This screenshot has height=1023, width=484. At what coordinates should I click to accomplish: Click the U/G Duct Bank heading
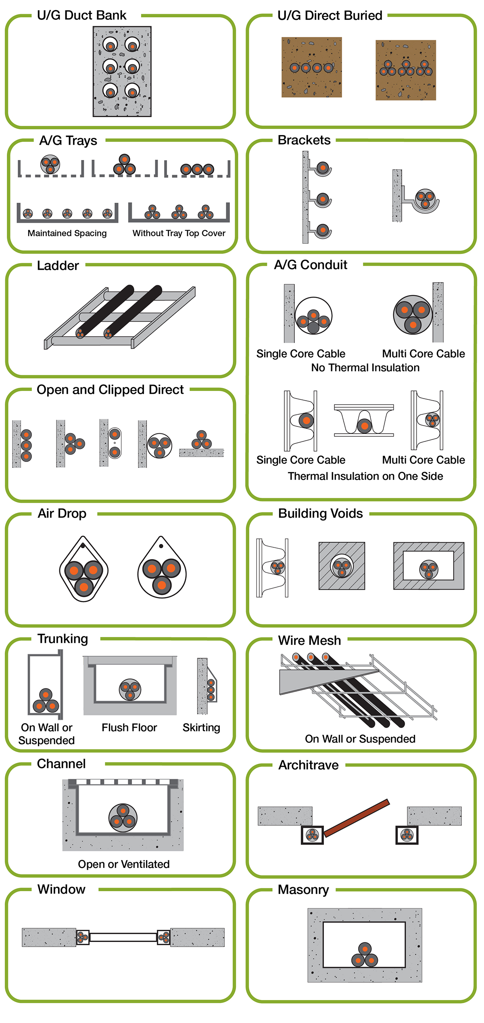pos(81,15)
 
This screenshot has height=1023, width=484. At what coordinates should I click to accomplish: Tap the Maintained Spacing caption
pos(67,233)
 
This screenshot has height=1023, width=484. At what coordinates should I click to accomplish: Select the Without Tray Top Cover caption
pos(179,233)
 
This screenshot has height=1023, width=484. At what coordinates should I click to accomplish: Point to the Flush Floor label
pos(129,728)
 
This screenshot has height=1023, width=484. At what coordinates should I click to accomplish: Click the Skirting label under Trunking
pos(201,728)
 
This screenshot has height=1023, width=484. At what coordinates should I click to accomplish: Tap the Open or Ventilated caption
pos(123,864)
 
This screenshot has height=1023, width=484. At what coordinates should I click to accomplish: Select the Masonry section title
pos(303,890)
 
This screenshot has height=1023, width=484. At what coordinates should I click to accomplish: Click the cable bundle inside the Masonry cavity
pos(365,955)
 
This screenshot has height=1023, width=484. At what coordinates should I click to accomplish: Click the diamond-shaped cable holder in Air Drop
pos(84,570)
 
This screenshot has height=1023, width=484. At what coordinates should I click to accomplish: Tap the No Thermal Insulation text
pos(365,368)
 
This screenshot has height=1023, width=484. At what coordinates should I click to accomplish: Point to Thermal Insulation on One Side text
pos(365,476)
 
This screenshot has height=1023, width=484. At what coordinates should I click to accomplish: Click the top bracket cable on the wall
pos(322,167)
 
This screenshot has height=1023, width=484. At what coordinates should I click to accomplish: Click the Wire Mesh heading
pos(309,640)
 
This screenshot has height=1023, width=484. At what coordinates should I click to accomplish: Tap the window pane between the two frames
pos(123,937)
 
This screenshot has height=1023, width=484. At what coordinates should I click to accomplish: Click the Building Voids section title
pos(320,514)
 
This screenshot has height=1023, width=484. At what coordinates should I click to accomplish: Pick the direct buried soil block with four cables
pos(311,67)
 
